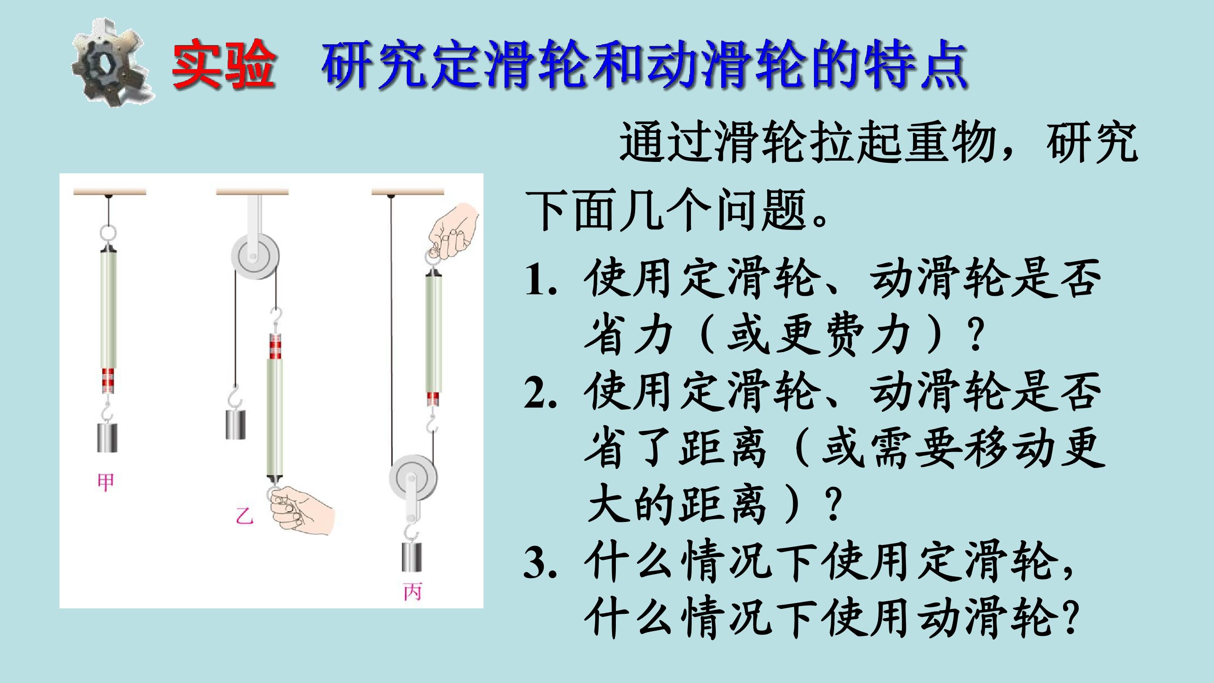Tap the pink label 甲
105,482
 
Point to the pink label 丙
412,592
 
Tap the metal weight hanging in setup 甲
107,438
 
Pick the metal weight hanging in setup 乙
236,425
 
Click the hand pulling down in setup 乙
302,510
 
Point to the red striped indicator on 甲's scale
108,381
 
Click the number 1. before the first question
540,282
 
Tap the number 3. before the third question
540,564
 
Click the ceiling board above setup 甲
110,192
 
